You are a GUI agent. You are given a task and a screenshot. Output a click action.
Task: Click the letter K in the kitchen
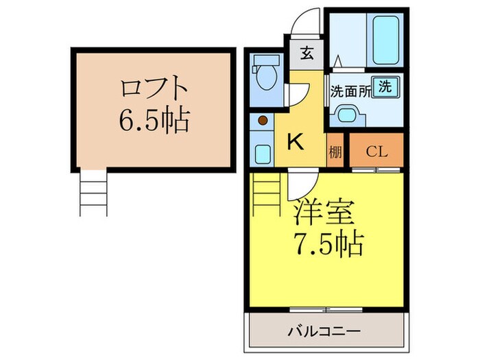(x=294, y=142)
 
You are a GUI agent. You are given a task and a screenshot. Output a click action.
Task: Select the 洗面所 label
(x=352, y=91)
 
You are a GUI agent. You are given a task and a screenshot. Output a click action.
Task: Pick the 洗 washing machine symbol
(x=387, y=87)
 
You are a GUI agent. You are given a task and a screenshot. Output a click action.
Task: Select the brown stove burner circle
(x=263, y=121)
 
